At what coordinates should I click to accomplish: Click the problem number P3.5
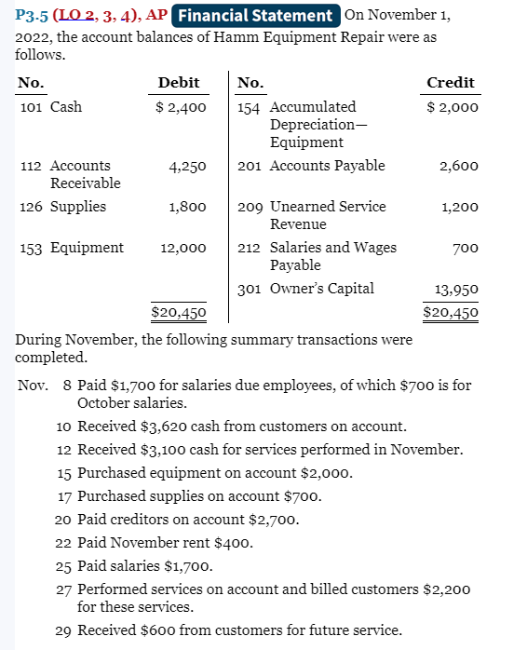pos(35,16)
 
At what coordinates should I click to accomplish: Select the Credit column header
pos(451,83)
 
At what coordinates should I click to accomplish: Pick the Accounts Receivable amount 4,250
pos(187,166)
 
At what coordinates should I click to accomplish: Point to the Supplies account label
pos(78,207)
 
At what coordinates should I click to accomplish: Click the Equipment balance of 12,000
pos(182,248)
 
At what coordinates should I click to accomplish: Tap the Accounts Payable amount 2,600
pos(459,166)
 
